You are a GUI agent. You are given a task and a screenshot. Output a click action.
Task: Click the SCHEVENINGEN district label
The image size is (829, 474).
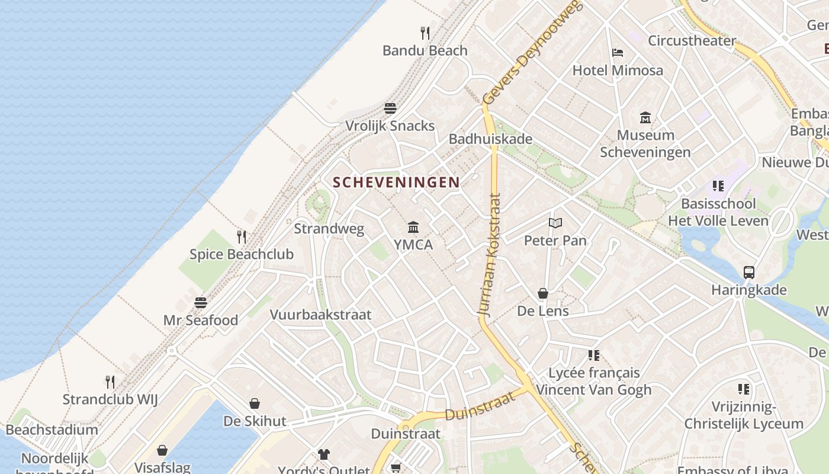click(396, 182)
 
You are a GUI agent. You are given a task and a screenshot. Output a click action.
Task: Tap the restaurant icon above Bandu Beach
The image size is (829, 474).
click(425, 33)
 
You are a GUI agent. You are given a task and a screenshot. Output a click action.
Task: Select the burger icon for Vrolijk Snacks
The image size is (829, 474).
click(390, 108)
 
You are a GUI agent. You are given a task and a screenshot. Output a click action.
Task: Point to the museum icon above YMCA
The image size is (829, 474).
click(413, 227)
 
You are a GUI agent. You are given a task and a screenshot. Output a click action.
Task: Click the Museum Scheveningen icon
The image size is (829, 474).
click(645, 117)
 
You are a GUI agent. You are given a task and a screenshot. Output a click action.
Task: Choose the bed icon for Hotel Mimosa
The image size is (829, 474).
click(618, 53)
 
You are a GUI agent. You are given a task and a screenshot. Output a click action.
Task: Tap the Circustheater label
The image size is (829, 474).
click(692, 41)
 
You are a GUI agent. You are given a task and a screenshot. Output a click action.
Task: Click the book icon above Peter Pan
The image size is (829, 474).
click(555, 223)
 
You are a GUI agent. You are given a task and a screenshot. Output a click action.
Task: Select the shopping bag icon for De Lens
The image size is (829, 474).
click(542, 293)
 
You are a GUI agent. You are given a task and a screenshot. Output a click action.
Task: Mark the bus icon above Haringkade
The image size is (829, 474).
click(749, 273)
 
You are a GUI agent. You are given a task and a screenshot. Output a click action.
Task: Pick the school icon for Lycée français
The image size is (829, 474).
click(594, 355)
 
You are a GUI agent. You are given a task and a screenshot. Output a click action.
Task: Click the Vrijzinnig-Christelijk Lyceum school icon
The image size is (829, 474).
click(744, 389)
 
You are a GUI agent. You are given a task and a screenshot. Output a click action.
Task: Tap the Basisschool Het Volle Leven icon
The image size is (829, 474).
click(718, 186)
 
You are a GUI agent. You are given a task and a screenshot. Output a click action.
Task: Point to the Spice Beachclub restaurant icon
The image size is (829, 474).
click(242, 237)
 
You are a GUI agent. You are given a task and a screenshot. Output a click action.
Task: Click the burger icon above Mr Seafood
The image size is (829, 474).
click(200, 303)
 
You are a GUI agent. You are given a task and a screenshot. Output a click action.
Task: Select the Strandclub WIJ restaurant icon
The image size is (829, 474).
click(110, 382)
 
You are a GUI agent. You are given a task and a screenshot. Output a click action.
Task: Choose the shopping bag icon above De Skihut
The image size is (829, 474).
click(255, 403)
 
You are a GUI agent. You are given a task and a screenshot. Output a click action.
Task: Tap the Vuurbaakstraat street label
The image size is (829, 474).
click(321, 315)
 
